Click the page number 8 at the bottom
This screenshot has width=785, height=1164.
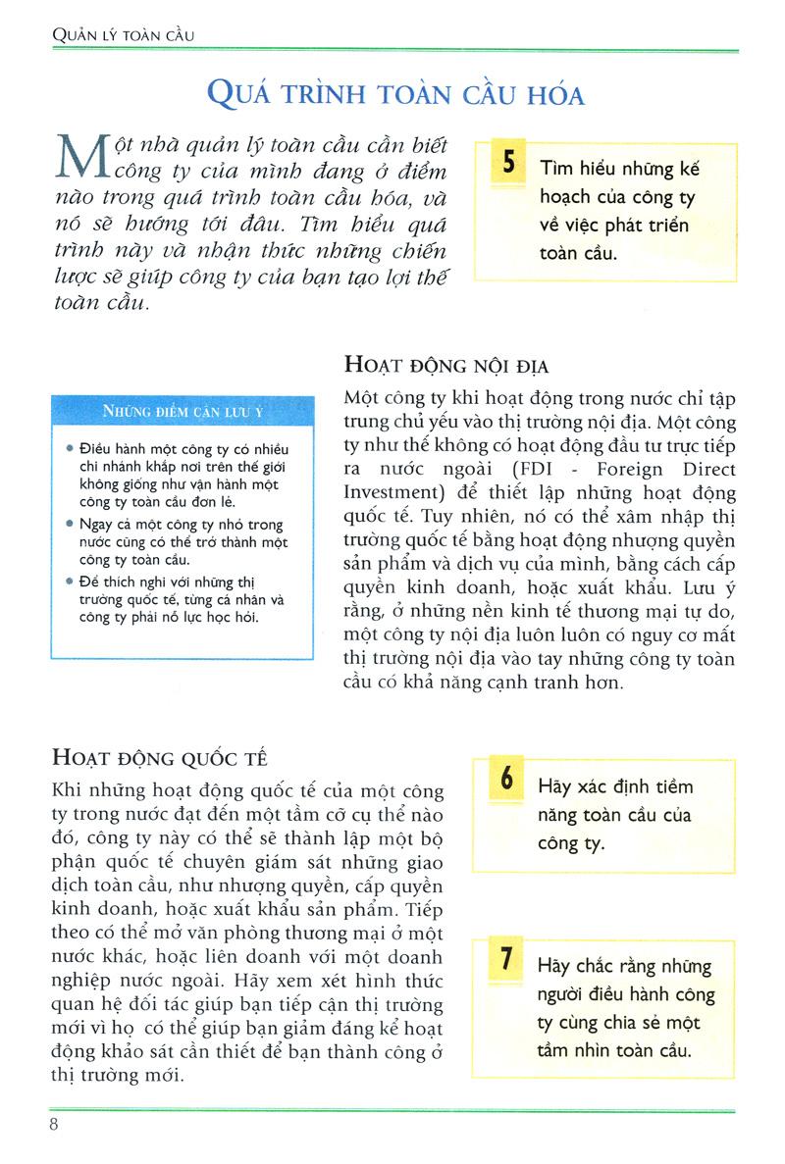tap(54, 1122)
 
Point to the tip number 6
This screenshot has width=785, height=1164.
tap(506, 781)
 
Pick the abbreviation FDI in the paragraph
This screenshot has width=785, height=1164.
tap(558, 469)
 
